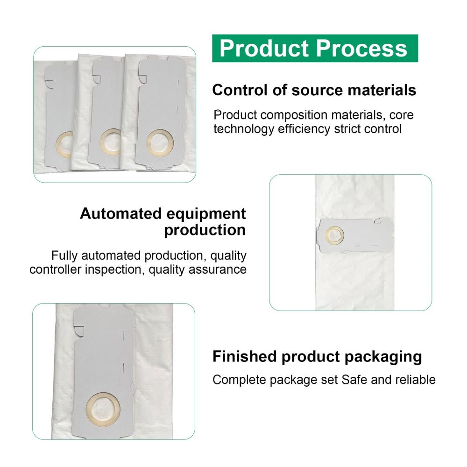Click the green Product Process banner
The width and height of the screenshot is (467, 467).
click(x=315, y=48)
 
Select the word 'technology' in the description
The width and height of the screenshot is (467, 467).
click(x=244, y=129)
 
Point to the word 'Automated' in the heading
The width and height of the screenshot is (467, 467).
click(x=120, y=213)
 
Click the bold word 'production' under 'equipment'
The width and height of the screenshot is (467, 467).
click(x=205, y=230)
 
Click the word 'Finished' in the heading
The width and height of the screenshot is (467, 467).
click(x=245, y=356)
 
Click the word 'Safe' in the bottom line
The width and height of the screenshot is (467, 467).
click(x=354, y=380)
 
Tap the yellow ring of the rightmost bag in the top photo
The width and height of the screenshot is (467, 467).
click(x=148, y=142)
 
